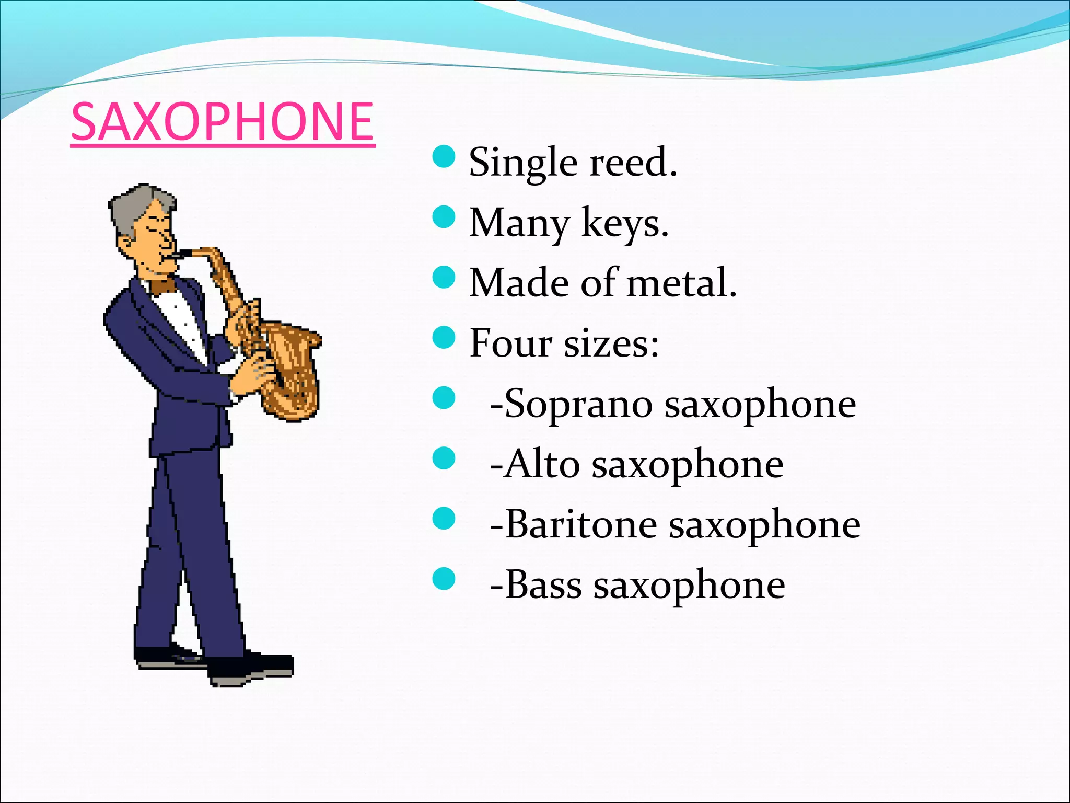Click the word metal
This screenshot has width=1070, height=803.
coord(681,283)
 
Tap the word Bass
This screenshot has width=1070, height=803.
coord(543,584)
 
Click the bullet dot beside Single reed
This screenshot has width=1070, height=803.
coord(444,156)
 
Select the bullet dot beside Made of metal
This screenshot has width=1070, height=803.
coord(444,277)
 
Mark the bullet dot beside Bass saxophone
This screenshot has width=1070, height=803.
coord(444,578)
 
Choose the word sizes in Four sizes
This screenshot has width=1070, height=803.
coord(611,344)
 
